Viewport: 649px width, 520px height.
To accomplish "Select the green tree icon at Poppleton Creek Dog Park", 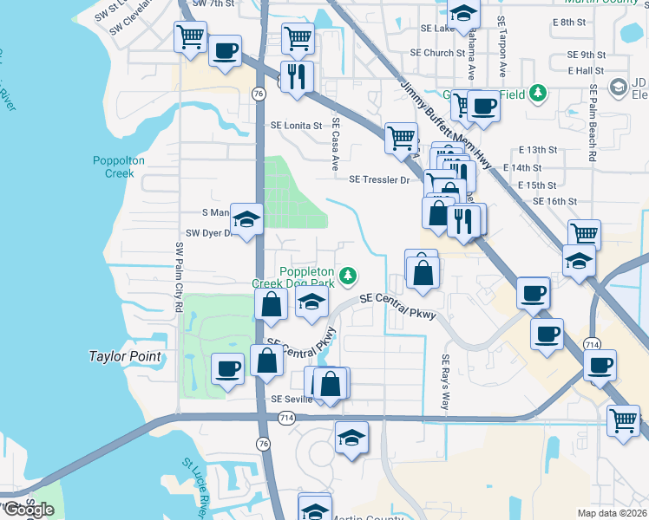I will [348, 276].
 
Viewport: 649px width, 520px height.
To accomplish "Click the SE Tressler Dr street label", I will [378, 179].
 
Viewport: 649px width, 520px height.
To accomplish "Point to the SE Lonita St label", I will [296, 125].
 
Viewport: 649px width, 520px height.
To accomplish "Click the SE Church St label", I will [438, 53].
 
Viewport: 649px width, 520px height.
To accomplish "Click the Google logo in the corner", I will [28, 510].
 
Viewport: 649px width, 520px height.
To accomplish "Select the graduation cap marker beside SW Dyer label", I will [246, 219].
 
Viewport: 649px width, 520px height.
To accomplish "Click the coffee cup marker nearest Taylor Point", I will [227, 368].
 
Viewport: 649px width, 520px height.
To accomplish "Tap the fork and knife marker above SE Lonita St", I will [297, 76].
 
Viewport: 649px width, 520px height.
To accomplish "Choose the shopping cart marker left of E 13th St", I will [401, 136].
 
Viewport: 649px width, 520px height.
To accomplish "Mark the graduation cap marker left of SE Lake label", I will [463, 13].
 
